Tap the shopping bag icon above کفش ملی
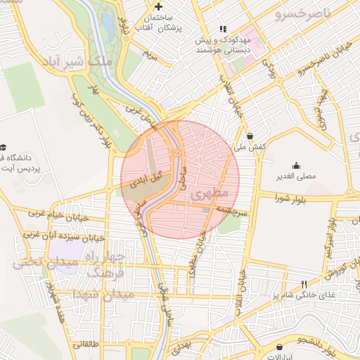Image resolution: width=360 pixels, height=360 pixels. click(250, 136)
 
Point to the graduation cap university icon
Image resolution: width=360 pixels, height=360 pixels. click(5, 148)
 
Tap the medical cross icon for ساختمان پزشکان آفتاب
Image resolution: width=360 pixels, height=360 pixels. click(169, 6)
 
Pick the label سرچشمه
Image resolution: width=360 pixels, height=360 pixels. click(229, 210)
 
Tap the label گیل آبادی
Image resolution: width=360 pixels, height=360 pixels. click(147, 179)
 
